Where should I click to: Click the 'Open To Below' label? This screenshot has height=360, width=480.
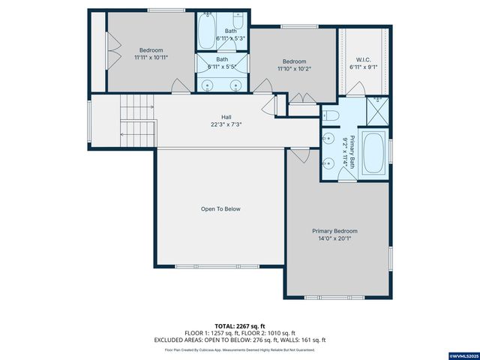220,208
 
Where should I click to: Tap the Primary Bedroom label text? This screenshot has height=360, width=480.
334,231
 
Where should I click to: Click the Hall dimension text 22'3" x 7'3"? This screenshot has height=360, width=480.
226,124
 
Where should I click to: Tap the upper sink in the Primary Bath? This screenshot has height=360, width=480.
328,139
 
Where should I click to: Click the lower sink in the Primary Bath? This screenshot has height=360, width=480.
328,163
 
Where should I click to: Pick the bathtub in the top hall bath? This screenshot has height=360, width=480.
206,31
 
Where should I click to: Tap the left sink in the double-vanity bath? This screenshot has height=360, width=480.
208,84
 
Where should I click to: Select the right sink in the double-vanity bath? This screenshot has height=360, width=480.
238,84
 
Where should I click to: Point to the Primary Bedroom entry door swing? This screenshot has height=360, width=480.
299,156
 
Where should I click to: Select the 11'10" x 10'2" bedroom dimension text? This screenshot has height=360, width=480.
294,68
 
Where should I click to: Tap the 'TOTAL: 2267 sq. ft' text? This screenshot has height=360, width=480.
240,326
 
